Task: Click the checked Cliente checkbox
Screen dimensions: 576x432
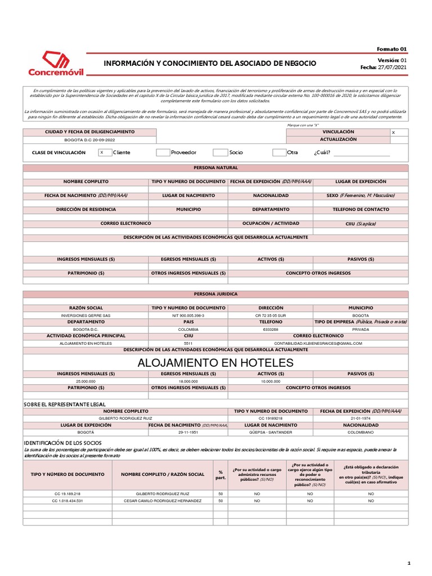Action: pos(105,152)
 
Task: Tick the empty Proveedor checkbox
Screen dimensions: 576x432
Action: pos(163,152)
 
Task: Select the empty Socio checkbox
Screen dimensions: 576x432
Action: pos(220,152)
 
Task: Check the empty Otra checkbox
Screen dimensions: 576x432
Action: pos(279,152)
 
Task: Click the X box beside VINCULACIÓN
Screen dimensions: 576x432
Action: pos(407,132)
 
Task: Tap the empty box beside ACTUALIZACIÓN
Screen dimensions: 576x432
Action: pos(407,139)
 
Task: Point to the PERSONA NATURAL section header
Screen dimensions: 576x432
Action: pos(215,168)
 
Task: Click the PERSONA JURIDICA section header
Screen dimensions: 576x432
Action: pos(215,294)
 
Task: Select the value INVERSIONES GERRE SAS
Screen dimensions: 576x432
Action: pos(85,316)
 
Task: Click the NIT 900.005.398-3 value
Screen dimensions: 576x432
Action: pos(188,316)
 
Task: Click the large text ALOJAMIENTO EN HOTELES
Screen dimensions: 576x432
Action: pos(215,363)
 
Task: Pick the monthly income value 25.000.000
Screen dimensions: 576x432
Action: pos(85,381)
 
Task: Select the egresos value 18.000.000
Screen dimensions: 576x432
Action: pos(188,381)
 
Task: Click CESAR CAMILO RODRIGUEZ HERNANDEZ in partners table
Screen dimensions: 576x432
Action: pos(162,500)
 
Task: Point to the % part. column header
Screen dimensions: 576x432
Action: pos(220,474)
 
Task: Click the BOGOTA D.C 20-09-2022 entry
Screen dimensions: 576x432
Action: pos(89,138)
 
